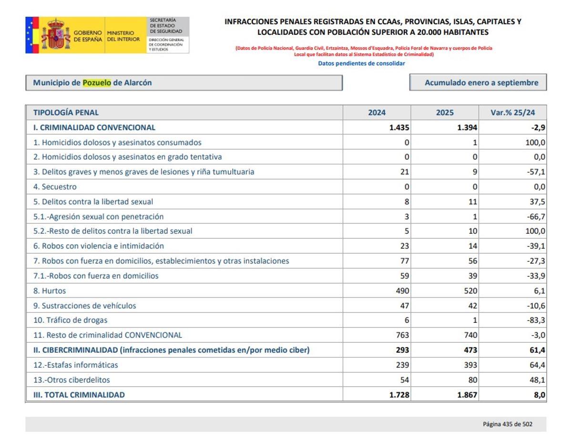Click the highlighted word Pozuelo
pyautogui.click(x=97, y=82)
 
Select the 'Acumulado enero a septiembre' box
pyautogui.click(x=478, y=82)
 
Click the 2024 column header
pyautogui.click(x=377, y=113)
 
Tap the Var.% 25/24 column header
pyautogui.click(x=512, y=113)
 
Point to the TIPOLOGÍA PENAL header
pyautogui.click(x=66, y=113)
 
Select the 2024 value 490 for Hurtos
pyautogui.click(x=402, y=291)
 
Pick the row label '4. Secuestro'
pyautogui.click(x=55, y=187)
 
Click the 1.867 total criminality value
pyautogui.click(x=467, y=395)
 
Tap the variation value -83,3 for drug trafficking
pyautogui.click(x=536, y=320)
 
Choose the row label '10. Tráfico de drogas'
pyautogui.click(x=70, y=320)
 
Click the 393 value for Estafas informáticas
pyautogui.click(x=470, y=365)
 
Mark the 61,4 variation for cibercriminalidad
pyautogui.click(x=537, y=350)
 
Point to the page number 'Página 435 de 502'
pyautogui.click(x=507, y=424)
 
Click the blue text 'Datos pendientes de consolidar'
pyautogui.click(x=361, y=63)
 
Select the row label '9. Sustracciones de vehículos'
pyautogui.click(x=84, y=306)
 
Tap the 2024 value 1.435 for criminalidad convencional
pyautogui.click(x=399, y=127)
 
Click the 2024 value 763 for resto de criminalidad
pyautogui.click(x=402, y=335)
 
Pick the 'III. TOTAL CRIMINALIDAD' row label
pyautogui.click(x=79, y=395)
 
